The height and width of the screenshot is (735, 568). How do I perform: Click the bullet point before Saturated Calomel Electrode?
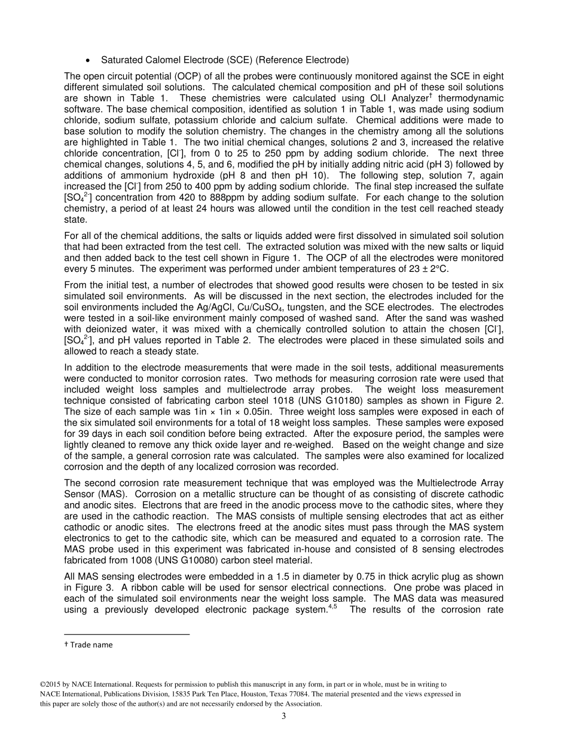pos(88,60)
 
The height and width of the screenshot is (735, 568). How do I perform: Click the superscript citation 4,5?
pos(333,607)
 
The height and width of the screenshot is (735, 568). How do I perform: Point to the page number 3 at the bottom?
pos(284,716)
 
